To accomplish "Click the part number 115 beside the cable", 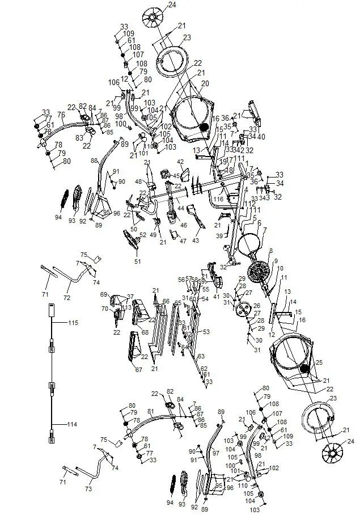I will tap(73, 323).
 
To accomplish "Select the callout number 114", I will tap(73, 424).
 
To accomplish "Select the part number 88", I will tap(95, 161).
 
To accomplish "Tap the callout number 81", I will tap(150, 411).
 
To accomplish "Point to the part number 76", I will tap(61, 115).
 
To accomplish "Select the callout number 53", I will tap(206, 331).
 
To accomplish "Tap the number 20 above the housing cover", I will tap(205, 83).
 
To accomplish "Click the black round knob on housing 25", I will tap(307, 369).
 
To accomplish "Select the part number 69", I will tap(104, 294).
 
